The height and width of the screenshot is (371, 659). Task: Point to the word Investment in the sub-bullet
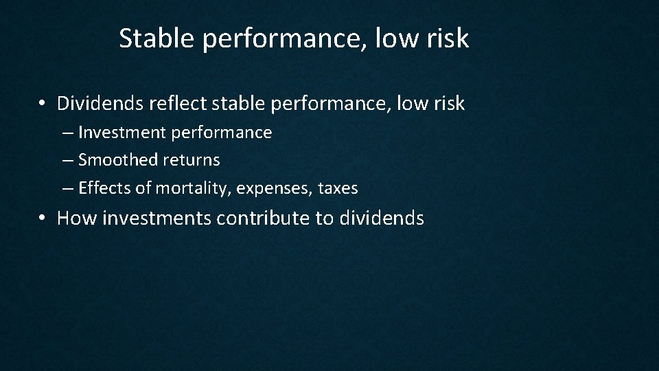point(122,132)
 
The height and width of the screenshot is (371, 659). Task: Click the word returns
point(192,160)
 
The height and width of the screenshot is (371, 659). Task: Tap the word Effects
point(103,188)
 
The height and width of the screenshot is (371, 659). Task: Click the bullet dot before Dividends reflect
point(43,104)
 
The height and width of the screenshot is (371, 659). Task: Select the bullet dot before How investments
point(43,219)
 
